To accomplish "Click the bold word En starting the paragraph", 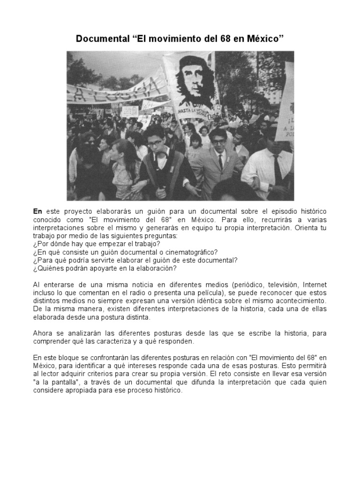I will point(38,211).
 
